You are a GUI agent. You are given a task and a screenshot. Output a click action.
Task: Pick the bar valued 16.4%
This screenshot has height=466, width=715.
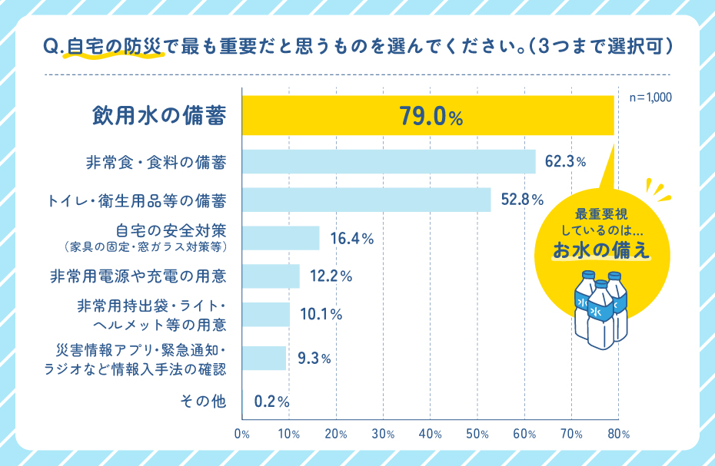click(281, 238)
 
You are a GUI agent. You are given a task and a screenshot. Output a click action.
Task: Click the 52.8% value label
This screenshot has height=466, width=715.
click(522, 200)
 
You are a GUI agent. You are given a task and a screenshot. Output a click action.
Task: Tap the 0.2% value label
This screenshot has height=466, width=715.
click(271, 401)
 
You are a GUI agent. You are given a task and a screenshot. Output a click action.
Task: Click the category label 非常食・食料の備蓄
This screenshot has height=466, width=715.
click(155, 162)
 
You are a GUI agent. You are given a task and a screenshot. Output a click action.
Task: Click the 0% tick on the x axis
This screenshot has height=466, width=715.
click(242, 434)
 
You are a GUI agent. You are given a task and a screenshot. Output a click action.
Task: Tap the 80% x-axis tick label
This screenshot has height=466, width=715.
click(619, 434)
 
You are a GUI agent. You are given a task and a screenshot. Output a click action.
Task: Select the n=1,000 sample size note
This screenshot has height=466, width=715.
click(650, 98)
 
